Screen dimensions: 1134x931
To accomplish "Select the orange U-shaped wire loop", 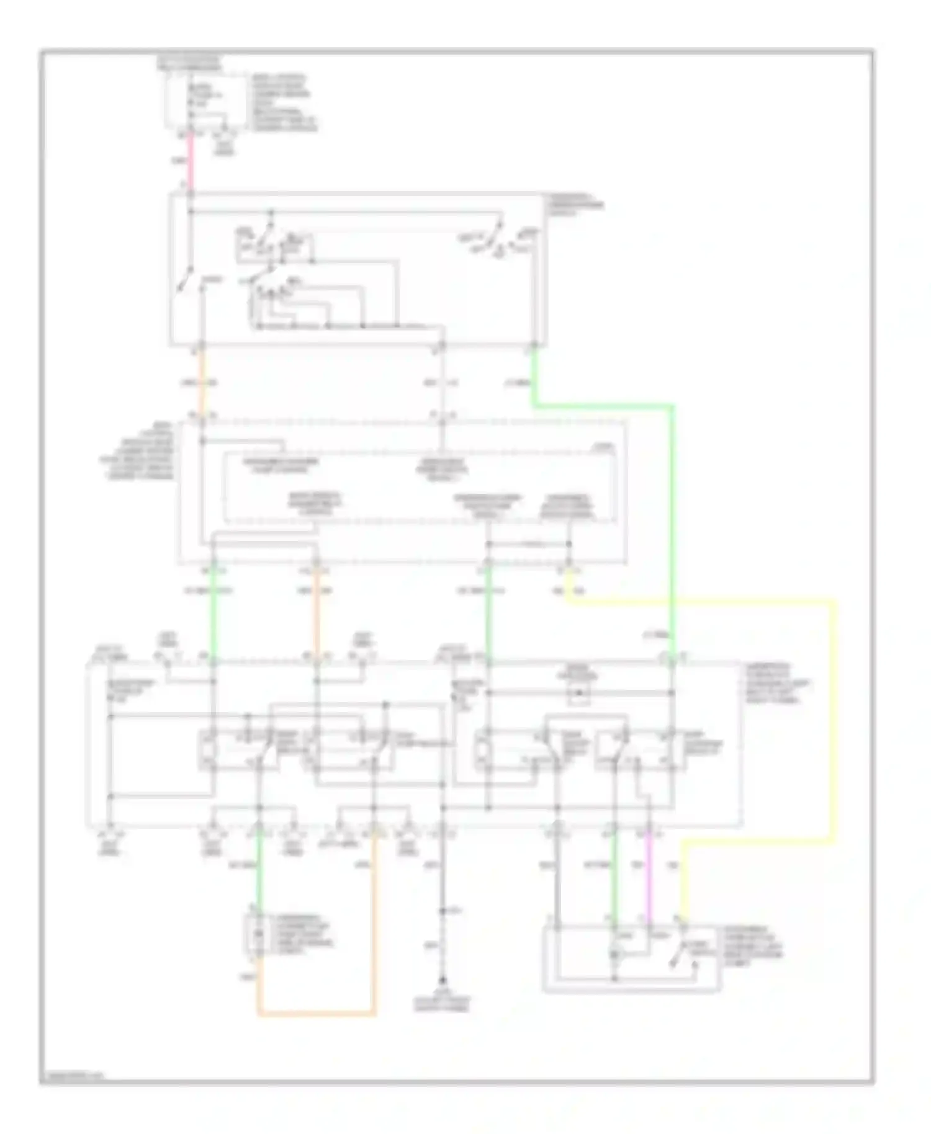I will pos(317,1015).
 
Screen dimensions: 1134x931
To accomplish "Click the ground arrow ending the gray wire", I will pos(442,983).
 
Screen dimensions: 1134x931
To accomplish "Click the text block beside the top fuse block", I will pos(282,102).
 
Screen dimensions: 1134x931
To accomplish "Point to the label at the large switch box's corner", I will pos(575,205).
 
